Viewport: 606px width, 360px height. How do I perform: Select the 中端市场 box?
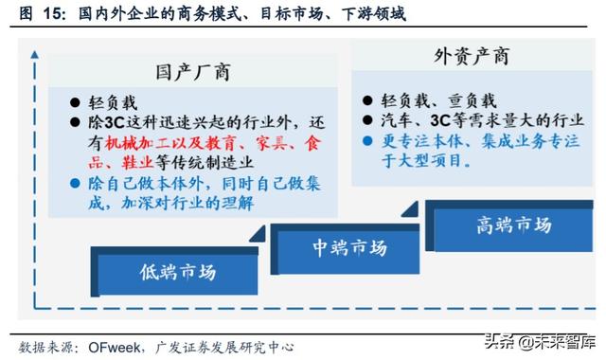pyautogui.click(x=350, y=249)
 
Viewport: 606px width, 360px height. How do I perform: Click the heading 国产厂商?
pyautogui.click(x=194, y=72)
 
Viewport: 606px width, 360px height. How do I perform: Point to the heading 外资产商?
pyautogui.click(x=471, y=56)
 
